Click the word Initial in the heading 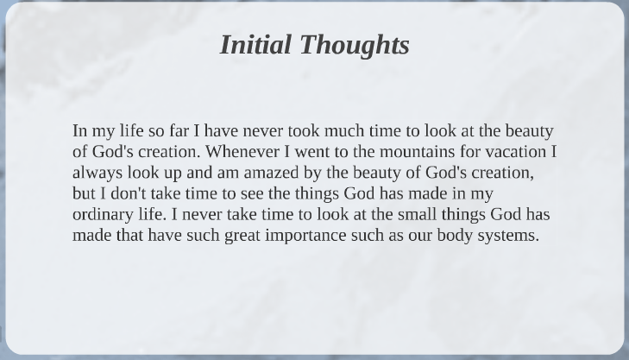coord(255,44)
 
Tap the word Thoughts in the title coord(355,46)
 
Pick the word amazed coord(271,173)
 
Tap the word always coord(97,174)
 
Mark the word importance coord(305,236)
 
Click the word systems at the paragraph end coord(508,236)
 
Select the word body coord(455,236)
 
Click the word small coord(418,214)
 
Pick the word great coord(242,236)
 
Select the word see coord(252,194)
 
